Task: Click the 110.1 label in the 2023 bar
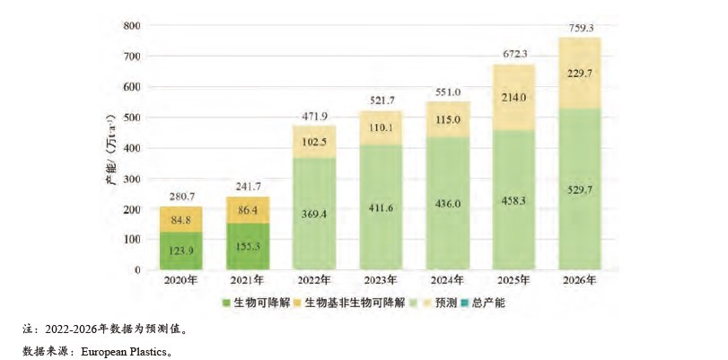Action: click(x=382, y=128)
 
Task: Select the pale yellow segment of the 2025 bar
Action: click(x=514, y=97)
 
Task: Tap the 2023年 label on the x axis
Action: click(x=382, y=281)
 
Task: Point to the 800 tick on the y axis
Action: click(x=132, y=26)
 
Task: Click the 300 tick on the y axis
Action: click(x=132, y=179)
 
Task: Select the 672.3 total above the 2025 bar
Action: click(x=514, y=53)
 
